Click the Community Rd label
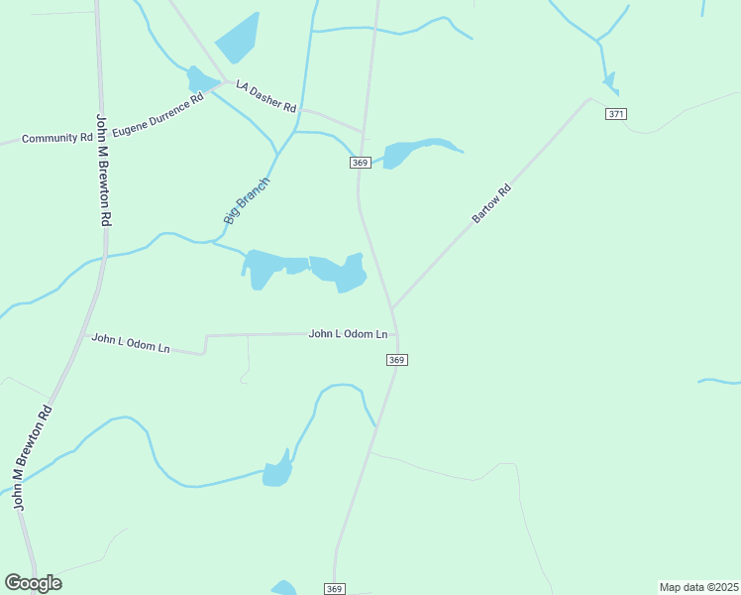click(x=56, y=138)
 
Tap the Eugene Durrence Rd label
click(x=159, y=115)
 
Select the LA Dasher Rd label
click(x=265, y=97)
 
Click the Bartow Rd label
click(x=491, y=202)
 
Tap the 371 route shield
click(x=616, y=114)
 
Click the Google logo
click(x=33, y=583)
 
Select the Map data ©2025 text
click(x=698, y=586)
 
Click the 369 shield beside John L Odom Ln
click(x=396, y=360)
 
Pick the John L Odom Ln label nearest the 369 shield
click(x=348, y=334)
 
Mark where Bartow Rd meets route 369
click(x=392, y=307)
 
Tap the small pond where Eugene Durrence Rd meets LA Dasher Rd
click(x=201, y=77)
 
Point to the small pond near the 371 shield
click(x=609, y=80)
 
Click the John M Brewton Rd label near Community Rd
click(x=102, y=171)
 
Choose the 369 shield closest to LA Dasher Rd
click(x=360, y=163)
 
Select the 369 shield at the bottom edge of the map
click(x=334, y=589)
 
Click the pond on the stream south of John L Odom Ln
click(x=277, y=473)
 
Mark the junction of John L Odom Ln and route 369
click(x=396, y=334)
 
